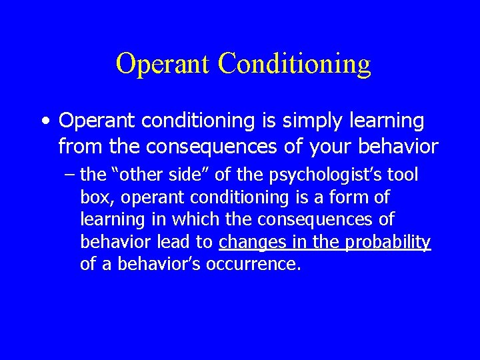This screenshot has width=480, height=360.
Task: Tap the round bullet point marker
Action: (x=45, y=122)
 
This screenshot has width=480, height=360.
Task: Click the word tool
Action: (x=404, y=175)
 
